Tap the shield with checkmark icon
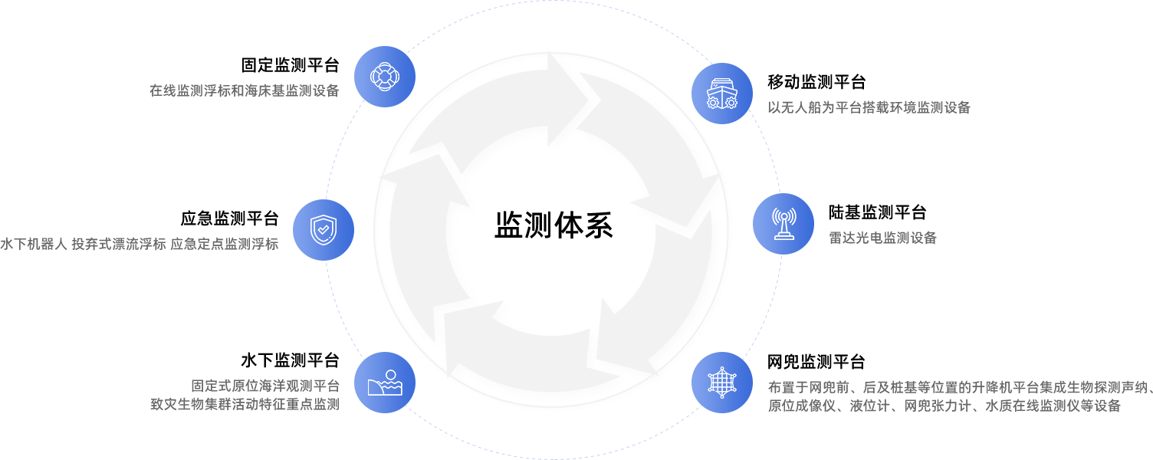[323, 229]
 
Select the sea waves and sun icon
[384, 383]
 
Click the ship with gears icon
[721, 93]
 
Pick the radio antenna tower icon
[783, 223]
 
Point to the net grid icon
[721, 383]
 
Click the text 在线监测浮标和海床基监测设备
[244, 90]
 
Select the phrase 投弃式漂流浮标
[118, 245]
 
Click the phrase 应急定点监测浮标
[224, 245]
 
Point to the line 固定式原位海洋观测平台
[264, 386]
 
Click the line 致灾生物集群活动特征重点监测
[244, 404]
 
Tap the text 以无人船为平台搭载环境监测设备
[869, 108]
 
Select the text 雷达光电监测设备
[882, 238]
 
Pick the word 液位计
[871, 406]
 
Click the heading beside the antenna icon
[877, 212]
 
